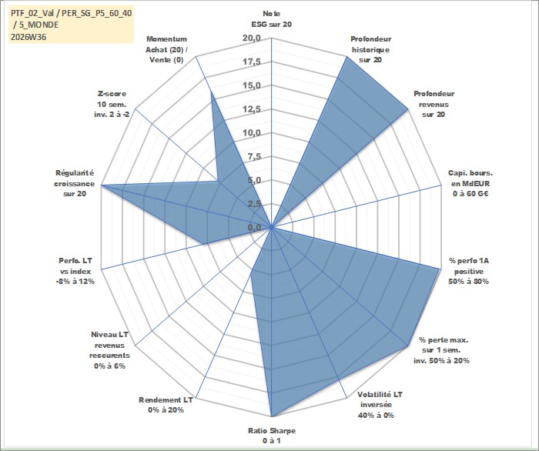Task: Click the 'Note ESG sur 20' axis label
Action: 272,19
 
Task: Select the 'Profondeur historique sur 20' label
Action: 370,49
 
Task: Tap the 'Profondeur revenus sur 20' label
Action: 434,104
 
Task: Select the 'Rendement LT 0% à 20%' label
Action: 166,405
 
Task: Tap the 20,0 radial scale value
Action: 252,38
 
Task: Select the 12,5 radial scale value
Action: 252,109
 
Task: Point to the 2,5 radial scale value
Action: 254,204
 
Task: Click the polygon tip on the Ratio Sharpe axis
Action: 272,416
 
